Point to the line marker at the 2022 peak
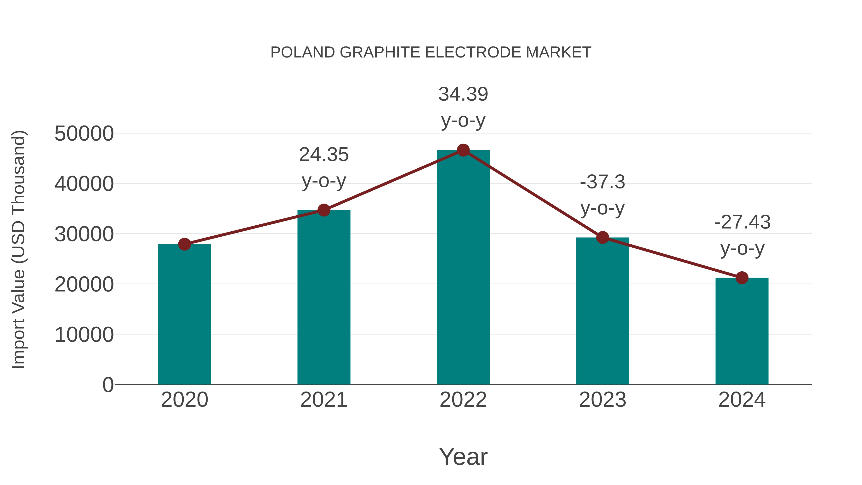click(463, 150)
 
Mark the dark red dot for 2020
click(184, 244)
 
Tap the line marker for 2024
click(742, 278)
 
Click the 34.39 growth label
click(463, 94)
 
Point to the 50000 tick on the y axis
click(84, 134)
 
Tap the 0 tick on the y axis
click(108, 385)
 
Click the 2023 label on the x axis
click(602, 400)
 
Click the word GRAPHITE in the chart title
click(380, 52)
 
